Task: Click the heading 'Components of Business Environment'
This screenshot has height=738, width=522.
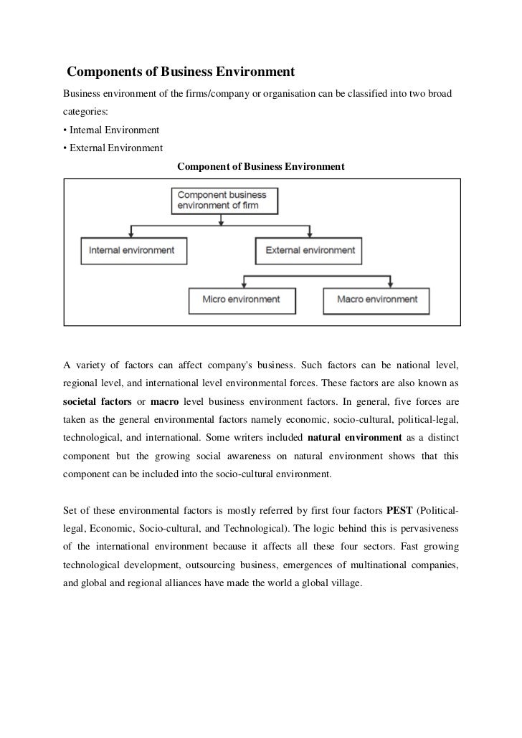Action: tap(181, 72)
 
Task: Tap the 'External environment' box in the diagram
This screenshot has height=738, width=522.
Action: tap(310, 251)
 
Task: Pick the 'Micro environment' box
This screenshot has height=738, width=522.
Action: tap(241, 299)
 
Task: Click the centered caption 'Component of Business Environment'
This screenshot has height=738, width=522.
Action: tap(260, 166)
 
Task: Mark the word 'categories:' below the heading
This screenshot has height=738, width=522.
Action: tap(85, 112)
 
